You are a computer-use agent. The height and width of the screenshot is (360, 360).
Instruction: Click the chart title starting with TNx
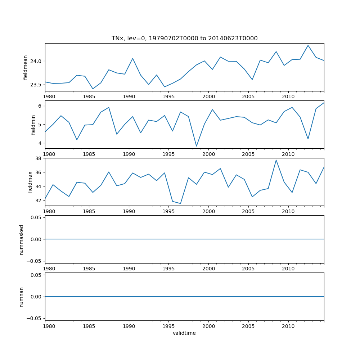coord(184,39)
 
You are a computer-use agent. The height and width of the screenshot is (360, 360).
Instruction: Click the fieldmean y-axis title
coord(26,67)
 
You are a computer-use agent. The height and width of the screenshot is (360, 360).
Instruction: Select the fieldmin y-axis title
coord(33,125)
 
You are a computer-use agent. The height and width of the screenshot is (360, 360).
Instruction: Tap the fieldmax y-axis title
coord(30,182)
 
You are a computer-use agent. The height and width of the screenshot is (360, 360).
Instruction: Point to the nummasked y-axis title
coord(22,239)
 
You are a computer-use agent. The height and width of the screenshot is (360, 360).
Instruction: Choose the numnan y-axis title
coord(22,297)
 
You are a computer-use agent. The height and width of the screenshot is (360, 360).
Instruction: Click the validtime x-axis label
coord(184,333)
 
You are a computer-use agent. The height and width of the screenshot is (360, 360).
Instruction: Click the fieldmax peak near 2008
coord(276,160)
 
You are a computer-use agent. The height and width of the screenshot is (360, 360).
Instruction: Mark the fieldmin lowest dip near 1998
coord(197,146)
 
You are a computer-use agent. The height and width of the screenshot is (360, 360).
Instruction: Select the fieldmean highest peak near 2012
coord(308,45)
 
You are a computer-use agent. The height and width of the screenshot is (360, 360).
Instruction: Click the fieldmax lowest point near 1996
coord(180,203)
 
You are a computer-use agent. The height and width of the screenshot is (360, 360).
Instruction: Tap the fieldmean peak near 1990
coord(132,58)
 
